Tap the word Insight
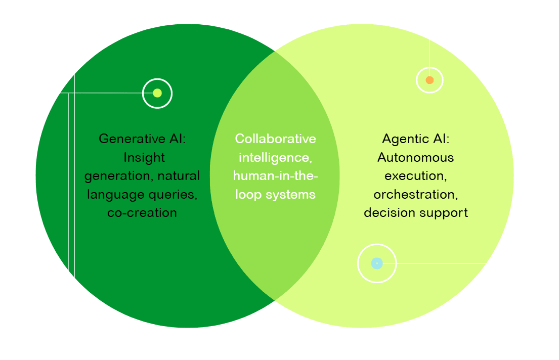144,157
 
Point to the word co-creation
142,212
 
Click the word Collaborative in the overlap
275,139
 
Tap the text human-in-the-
275,175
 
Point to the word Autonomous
415,157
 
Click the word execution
414,175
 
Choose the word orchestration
415,194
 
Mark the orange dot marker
429,80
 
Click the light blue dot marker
376,263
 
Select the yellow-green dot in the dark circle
157,93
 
